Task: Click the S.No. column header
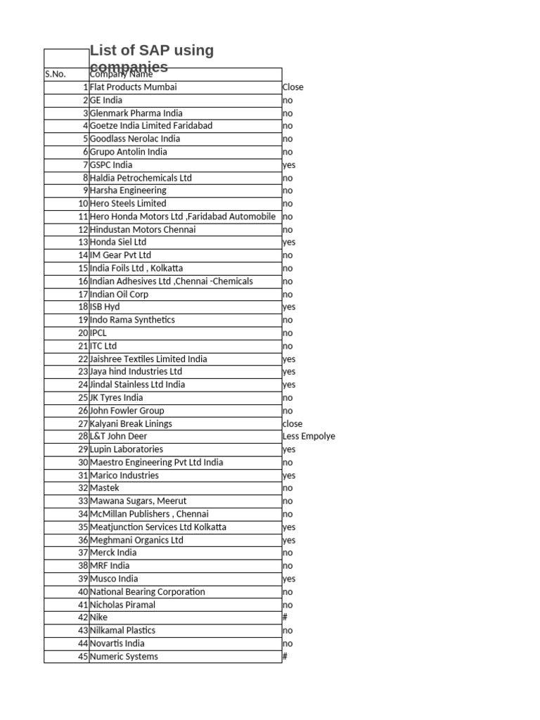56,74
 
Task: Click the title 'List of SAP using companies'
152,58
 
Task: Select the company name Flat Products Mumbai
134,87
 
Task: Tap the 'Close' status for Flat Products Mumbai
293,87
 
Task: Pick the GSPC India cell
111,165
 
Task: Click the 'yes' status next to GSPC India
289,165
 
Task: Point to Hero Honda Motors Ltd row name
183,217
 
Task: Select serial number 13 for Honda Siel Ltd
84,242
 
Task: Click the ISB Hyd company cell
105,307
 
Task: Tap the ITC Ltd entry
104,346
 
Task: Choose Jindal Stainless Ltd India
138,385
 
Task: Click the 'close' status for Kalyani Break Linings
292,423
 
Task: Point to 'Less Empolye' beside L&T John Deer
309,436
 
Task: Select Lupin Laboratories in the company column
127,449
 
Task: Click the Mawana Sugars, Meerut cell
139,501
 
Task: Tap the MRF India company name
110,565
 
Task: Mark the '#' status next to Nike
285,617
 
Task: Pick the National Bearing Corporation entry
148,592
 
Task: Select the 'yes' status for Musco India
289,579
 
